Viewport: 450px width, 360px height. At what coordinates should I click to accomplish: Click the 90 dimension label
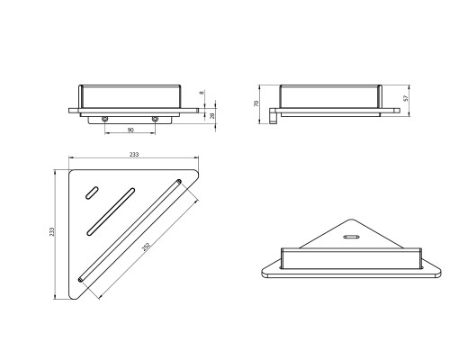(x=130, y=130)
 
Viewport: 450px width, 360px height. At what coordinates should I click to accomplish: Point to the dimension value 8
(x=202, y=93)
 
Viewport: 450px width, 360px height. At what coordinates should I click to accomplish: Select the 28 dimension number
(x=212, y=116)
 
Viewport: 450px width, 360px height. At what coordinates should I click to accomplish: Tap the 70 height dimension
(x=256, y=103)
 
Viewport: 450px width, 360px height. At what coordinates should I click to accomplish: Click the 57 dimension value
(x=406, y=98)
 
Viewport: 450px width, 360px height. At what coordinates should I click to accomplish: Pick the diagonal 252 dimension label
(x=146, y=247)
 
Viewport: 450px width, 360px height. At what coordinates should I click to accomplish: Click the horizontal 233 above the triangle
(x=134, y=155)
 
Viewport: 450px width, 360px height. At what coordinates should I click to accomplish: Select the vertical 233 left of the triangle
(x=52, y=231)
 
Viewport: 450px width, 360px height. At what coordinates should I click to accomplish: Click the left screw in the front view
(x=104, y=120)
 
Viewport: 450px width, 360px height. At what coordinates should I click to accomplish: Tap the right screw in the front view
(x=155, y=120)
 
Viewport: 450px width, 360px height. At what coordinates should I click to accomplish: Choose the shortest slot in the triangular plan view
(x=92, y=193)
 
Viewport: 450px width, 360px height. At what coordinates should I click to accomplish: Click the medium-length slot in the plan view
(x=111, y=211)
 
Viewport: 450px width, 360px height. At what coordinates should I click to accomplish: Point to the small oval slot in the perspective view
(x=351, y=237)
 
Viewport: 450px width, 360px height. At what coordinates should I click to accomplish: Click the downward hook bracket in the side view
(x=273, y=116)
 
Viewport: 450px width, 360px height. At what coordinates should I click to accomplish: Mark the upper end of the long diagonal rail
(x=179, y=182)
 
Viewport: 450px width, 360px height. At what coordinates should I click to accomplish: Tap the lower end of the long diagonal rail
(x=81, y=279)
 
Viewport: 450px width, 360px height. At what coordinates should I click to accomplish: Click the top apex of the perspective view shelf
(x=351, y=220)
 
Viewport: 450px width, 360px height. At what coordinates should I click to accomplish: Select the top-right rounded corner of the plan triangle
(x=196, y=173)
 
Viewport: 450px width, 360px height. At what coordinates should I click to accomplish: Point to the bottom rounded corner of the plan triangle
(x=73, y=297)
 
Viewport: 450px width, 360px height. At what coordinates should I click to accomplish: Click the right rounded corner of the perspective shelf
(x=438, y=271)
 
